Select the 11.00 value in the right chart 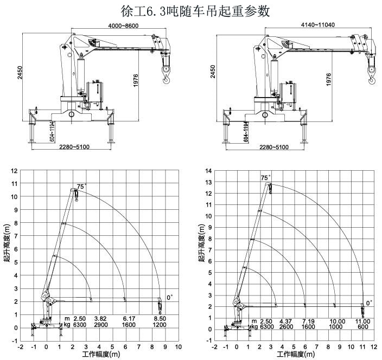tap(362, 321)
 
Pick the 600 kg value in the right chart tap(362, 327)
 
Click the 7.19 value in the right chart tap(308, 321)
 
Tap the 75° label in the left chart tap(81, 187)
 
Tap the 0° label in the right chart tap(370, 303)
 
